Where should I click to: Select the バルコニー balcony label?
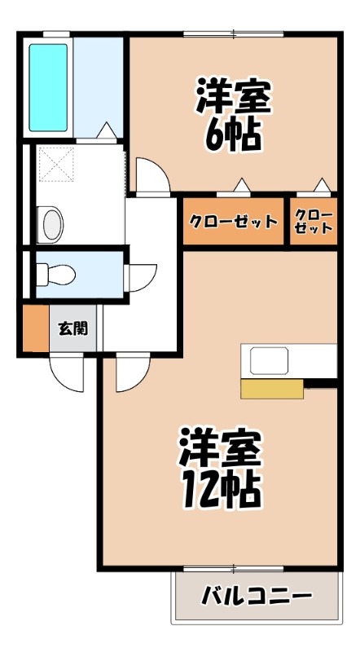coord(257,596)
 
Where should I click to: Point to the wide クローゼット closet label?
coord(234,222)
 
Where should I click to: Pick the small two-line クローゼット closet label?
coord(314,222)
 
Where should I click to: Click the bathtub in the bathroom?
coord(48,87)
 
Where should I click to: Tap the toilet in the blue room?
coord(57,274)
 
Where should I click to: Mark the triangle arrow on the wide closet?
coord(240,185)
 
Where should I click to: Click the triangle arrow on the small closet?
coord(323,185)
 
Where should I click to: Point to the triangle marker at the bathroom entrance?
coord(107,130)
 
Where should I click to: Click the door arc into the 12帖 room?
coord(130,374)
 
